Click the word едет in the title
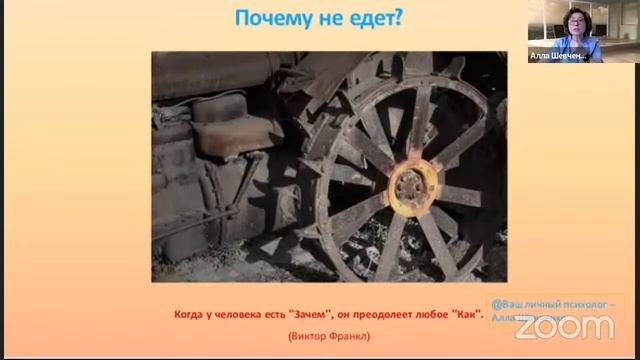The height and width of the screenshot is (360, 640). point(371,17)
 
